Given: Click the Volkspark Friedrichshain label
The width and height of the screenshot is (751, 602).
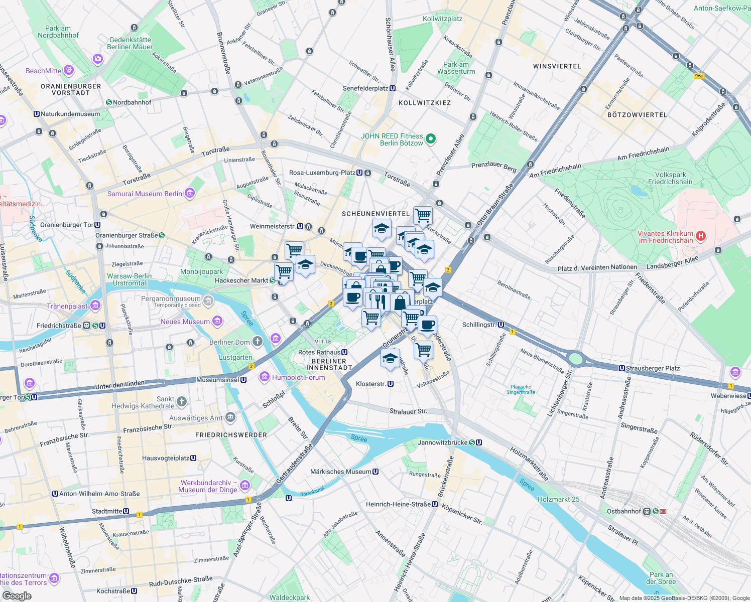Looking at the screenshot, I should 670,179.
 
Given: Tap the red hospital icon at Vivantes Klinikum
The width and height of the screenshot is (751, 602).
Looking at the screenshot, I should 701,236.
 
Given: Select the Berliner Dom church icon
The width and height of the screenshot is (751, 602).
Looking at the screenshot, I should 257,342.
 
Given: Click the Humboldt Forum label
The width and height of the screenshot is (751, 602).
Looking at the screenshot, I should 298,377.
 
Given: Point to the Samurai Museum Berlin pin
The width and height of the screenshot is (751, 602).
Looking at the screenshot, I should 189,193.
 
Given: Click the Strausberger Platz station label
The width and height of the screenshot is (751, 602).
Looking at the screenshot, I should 652,368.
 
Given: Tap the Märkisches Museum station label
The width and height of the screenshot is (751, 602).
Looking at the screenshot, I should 341,472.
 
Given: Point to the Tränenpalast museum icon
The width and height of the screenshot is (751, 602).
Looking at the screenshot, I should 95,306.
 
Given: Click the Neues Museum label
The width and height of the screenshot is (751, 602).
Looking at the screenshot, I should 185,322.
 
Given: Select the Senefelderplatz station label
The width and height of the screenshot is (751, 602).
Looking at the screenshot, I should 365,88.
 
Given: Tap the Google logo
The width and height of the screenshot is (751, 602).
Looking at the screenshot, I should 17,596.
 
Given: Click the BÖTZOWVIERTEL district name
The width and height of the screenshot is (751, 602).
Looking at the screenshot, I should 637,115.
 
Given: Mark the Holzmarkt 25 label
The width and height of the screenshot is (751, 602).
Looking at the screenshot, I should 558,499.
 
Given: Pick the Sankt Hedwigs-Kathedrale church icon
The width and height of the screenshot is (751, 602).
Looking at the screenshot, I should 182,401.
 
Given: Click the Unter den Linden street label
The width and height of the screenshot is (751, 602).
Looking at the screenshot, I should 120,385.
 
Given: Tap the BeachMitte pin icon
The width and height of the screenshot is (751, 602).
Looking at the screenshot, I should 69,70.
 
